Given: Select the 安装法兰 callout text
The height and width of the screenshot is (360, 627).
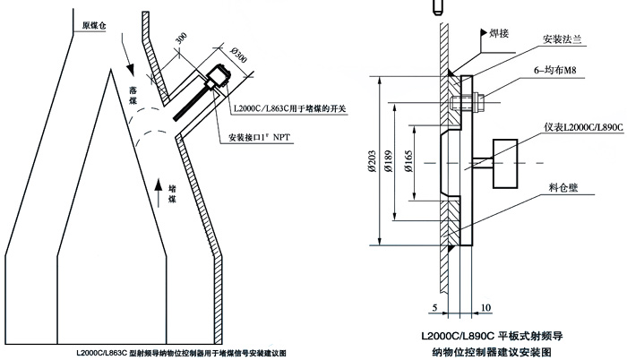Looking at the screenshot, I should click(563, 39).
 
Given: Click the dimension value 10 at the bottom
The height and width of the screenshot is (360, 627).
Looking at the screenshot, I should click(485, 308).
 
